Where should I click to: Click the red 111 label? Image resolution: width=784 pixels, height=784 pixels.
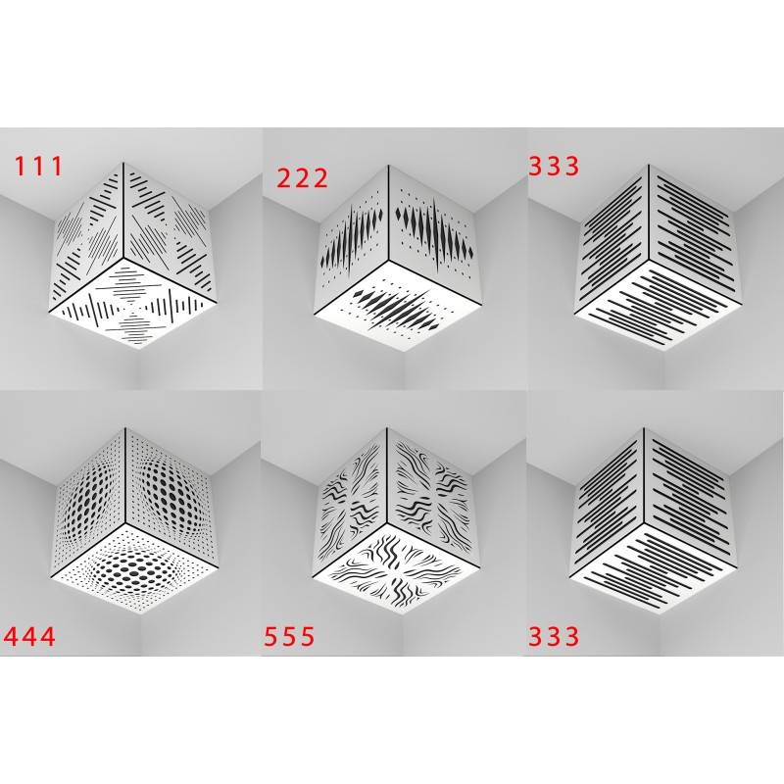tap(38, 166)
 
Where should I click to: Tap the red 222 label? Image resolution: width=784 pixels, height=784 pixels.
tap(302, 178)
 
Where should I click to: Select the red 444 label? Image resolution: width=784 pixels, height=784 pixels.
tap(29, 636)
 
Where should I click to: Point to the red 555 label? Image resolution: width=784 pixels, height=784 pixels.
tap(289, 636)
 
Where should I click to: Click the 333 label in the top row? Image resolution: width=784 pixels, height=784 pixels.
tap(554, 166)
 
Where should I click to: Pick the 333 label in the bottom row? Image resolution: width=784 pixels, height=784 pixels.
tap(554, 636)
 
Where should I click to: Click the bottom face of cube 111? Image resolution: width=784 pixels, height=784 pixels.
tap(133, 303)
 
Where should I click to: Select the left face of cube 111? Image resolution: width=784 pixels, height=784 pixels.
tap(87, 235)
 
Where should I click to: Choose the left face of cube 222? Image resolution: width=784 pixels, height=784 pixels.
tap(353, 237)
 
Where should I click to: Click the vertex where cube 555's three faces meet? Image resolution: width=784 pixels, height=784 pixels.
tap(387, 522)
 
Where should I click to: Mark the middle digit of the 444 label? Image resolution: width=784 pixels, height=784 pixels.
tap(29, 636)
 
